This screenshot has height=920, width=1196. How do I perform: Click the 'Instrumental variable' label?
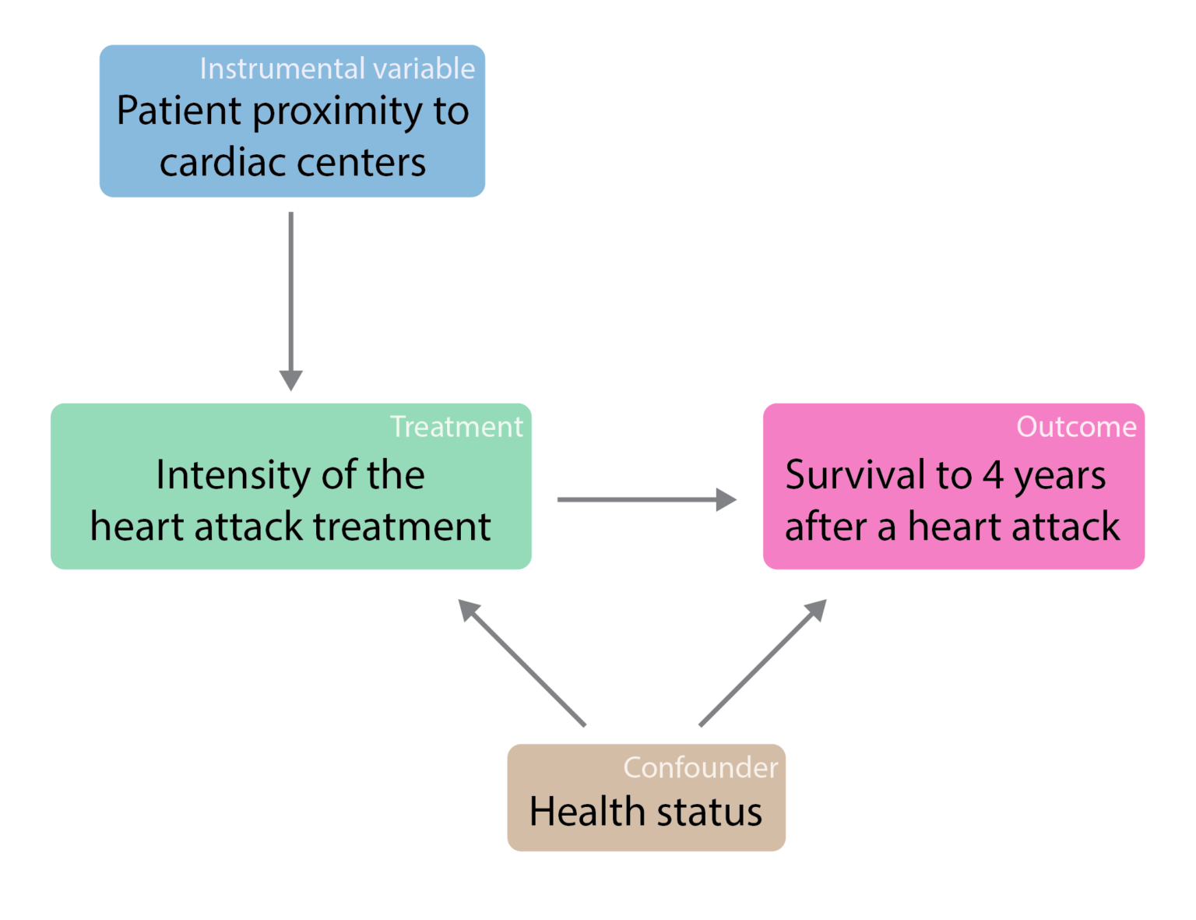coord(337,69)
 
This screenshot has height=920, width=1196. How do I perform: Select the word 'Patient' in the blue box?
coord(178,111)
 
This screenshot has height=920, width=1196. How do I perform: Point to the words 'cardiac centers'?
coord(293,162)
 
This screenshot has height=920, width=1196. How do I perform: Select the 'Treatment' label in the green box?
coord(456,427)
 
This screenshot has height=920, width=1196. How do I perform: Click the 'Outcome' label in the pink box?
coord(1076,427)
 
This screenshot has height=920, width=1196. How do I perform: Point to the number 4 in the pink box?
coord(993,475)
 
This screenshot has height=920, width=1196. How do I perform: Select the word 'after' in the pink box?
coord(825,527)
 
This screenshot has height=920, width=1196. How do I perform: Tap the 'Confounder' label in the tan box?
coord(700,767)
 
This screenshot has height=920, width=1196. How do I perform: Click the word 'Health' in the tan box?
coord(587,812)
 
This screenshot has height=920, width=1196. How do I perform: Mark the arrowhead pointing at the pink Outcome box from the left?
coord(726,499)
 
